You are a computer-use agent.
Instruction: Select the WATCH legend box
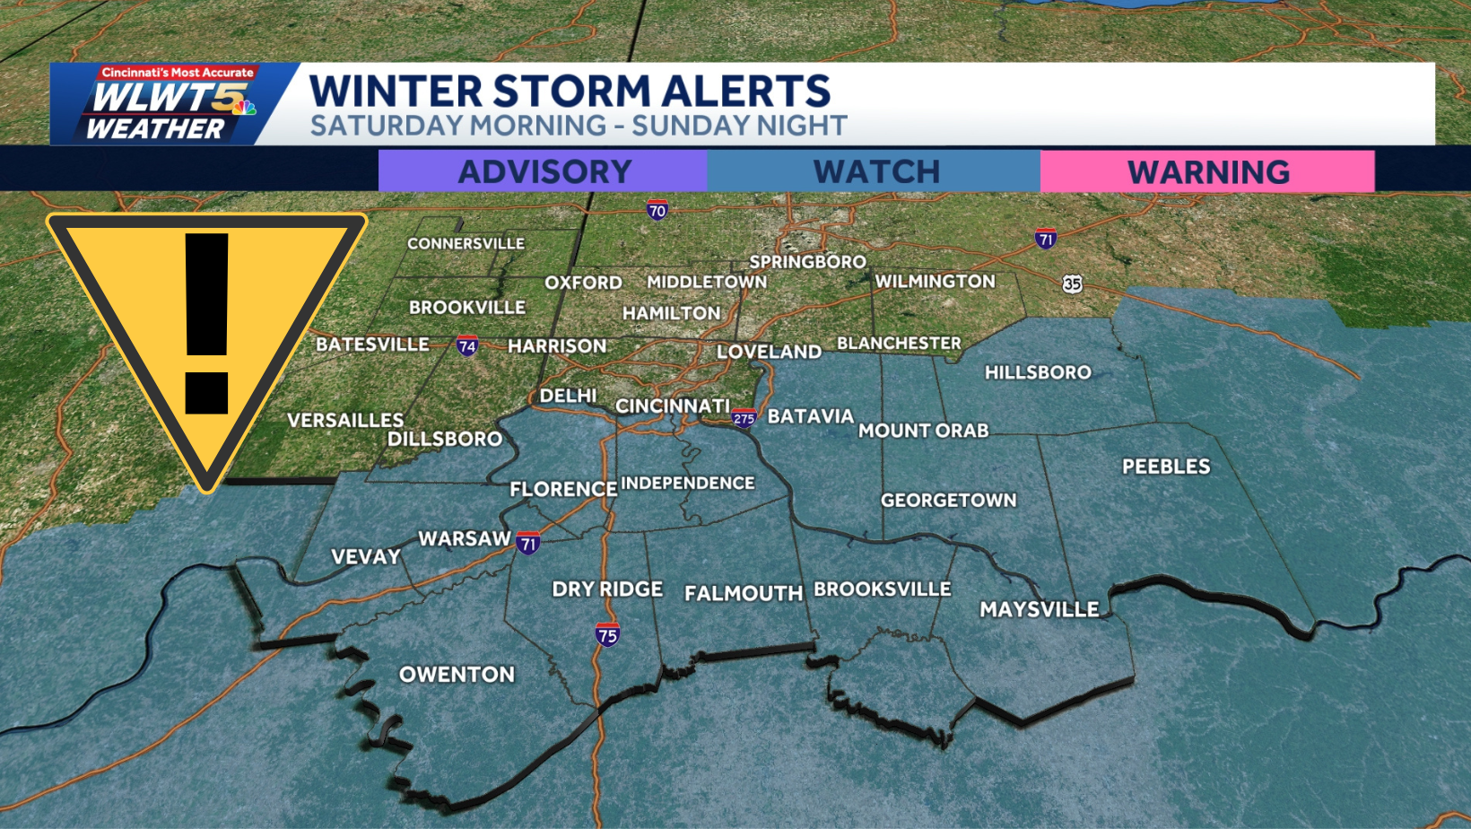[x=875, y=170]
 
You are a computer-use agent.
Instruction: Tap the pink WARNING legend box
[x=1207, y=170]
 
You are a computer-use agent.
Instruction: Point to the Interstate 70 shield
[x=657, y=211]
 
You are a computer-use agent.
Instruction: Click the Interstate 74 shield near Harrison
[x=466, y=346]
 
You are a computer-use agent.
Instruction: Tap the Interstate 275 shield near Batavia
[x=744, y=418]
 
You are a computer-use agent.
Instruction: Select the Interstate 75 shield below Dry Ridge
[x=607, y=635]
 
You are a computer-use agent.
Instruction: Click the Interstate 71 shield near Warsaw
[x=528, y=543]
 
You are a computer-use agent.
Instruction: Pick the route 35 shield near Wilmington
[x=1072, y=284]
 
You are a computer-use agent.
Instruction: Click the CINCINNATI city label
[x=672, y=406]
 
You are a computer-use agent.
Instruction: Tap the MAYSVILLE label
[x=1039, y=609]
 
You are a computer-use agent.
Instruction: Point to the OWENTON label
[x=457, y=675]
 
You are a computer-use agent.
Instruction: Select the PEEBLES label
[x=1166, y=467]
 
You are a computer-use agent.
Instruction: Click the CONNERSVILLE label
[x=466, y=243]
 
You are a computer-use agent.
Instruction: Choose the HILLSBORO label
[x=1038, y=372]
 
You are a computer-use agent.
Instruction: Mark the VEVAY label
[x=366, y=557]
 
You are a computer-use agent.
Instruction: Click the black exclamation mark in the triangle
[x=207, y=323]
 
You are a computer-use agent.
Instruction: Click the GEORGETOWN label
[x=948, y=501]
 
